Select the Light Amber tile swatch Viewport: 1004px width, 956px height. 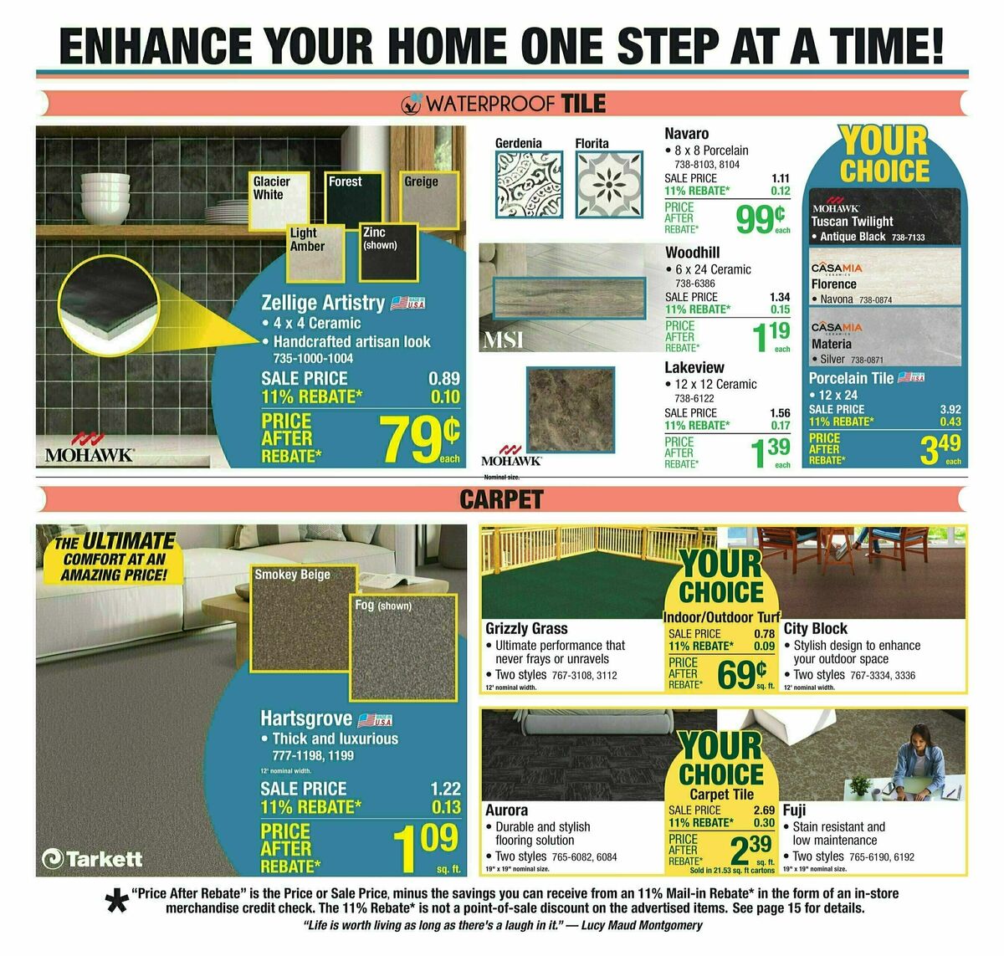tap(317, 251)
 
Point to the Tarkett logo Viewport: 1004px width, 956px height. tap(92, 858)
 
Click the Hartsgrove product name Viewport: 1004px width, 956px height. tap(305, 718)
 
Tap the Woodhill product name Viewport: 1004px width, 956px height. tap(692, 253)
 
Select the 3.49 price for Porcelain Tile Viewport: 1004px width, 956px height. tap(939, 448)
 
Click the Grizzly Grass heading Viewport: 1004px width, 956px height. tap(526, 628)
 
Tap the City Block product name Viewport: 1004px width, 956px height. tap(816, 628)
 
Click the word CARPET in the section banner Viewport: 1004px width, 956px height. tap(501, 499)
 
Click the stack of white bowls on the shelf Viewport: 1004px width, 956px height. tap(105, 193)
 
